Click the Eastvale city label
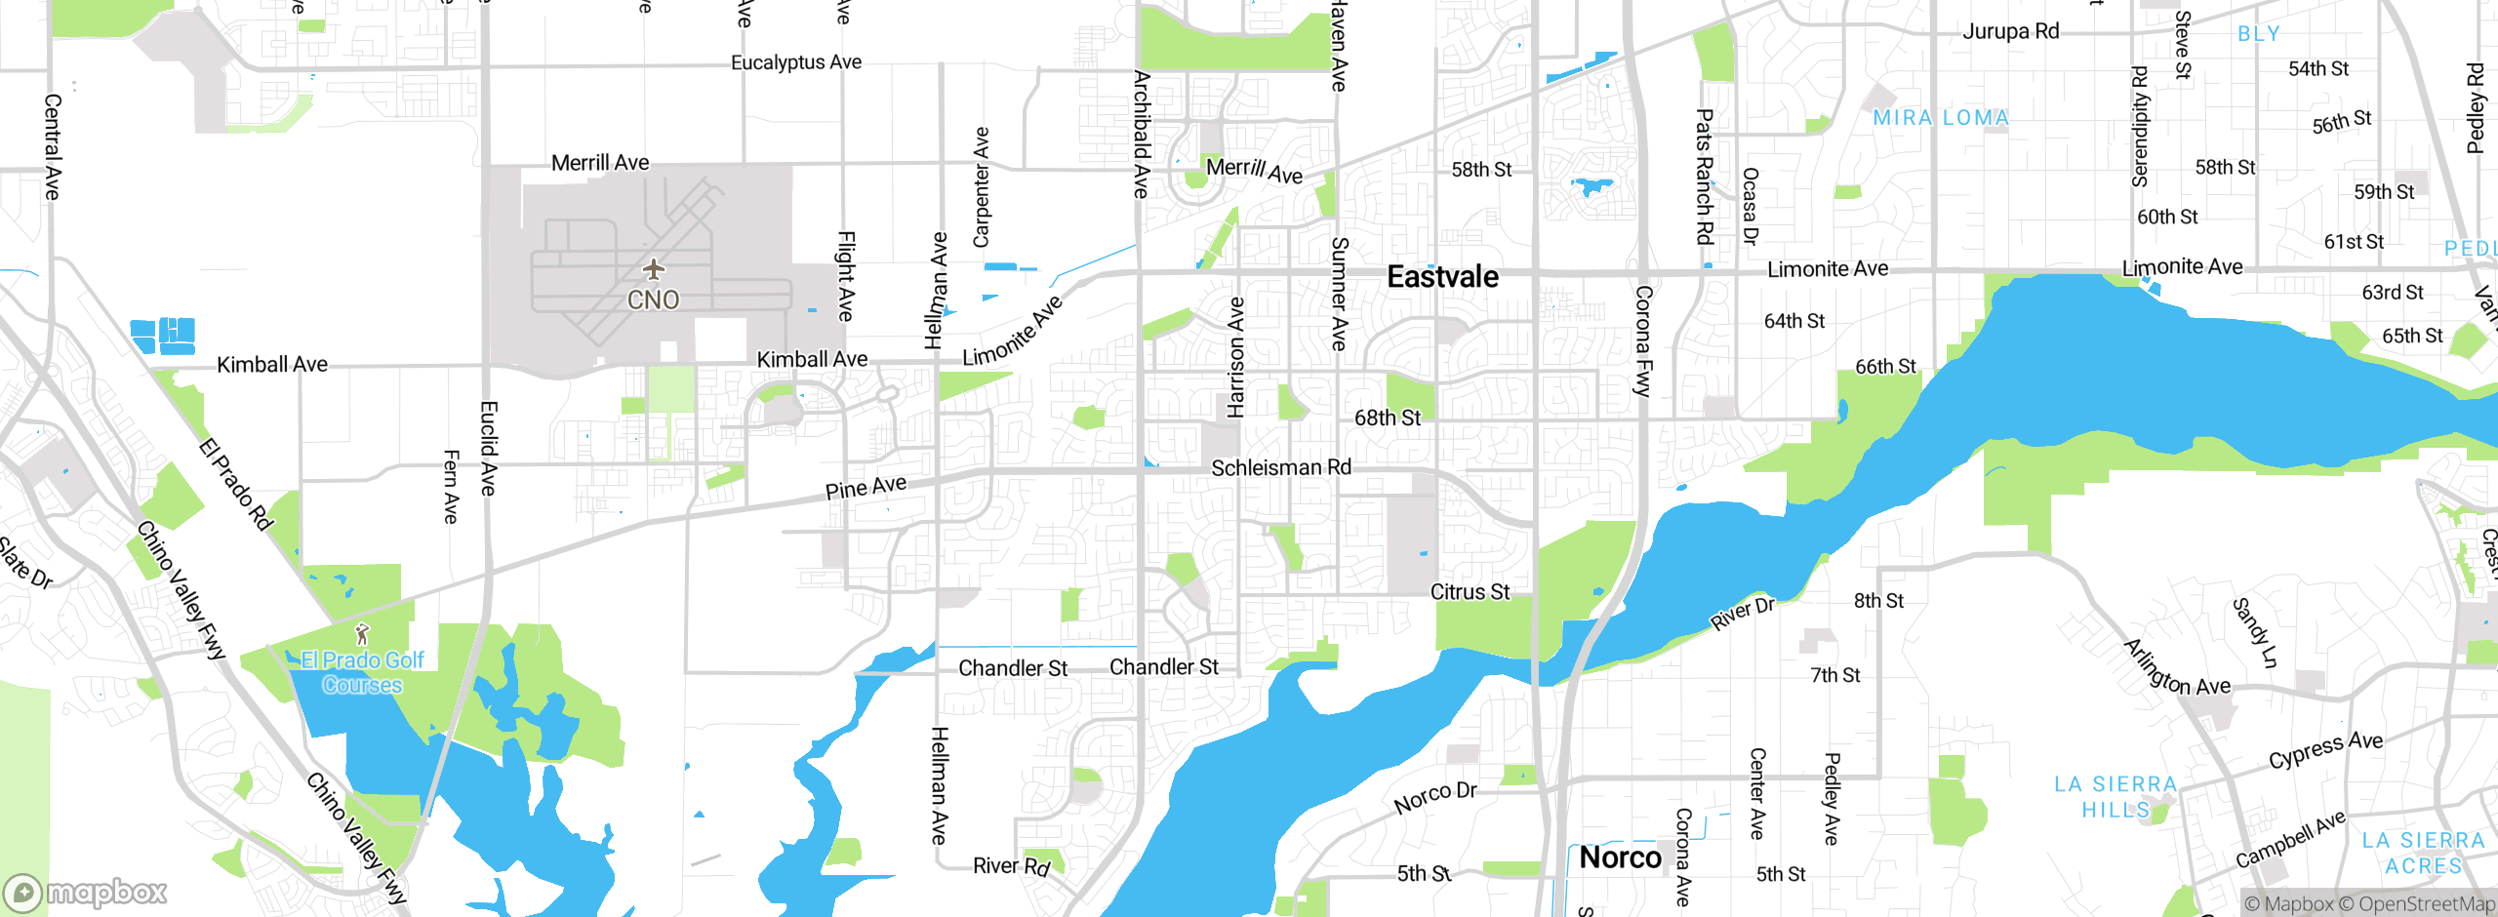(x=1442, y=277)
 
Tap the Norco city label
(x=1620, y=857)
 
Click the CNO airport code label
(x=653, y=299)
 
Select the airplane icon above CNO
(x=653, y=268)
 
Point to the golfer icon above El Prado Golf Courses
(x=362, y=635)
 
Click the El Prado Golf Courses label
(x=362, y=672)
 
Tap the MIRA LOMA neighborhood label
(x=1941, y=118)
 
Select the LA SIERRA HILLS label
(x=2115, y=797)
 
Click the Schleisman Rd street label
(x=1281, y=468)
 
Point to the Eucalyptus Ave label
(x=796, y=62)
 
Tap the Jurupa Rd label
(x=2010, y=31)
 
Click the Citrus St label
(x=1470, y=592)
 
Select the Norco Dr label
(x=1435, y=797)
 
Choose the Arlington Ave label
(x=2177, y=668)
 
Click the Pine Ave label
(x=866, y=488)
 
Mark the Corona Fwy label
(x=1643, y=340)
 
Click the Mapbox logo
(x=86, y=892)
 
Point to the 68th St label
(x=1388, y=418)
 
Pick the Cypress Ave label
(x=2325, y=749)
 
